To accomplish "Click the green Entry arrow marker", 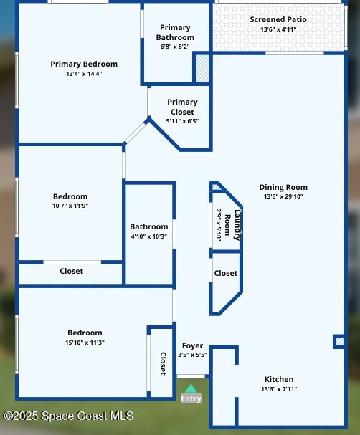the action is pos(191,388).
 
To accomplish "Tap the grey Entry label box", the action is pos(191,398).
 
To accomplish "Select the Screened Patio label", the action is pos(278,19).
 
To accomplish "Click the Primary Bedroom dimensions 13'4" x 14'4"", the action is pos(84,74).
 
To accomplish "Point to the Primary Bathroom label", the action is pos(175,32).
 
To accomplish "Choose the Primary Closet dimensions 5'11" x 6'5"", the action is pos(182,121).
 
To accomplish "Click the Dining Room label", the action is pos(283,187).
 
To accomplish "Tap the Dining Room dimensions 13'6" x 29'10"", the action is pos(283,196).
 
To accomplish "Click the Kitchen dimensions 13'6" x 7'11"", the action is pos(279,389).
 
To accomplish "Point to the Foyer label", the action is pos(192,346).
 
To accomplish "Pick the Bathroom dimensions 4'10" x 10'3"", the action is pos(149,236).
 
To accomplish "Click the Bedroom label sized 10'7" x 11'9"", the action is pos(70,196).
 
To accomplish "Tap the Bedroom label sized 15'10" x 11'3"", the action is pos(85,333).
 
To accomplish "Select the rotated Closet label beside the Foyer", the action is pos(164,364).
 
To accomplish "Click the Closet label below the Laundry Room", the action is pos(226,273).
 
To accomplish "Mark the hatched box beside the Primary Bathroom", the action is pos(202,69).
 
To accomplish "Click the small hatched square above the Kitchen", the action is pos(340,342).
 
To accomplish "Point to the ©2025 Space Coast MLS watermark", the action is pos(68,416).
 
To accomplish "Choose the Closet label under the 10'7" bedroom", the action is pos(71,271).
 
